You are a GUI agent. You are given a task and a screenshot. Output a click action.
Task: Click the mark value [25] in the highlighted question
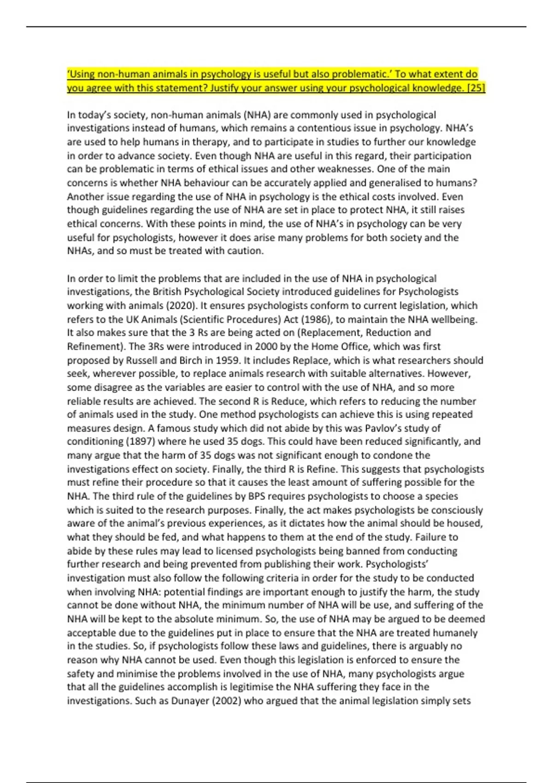[x=476, y=88]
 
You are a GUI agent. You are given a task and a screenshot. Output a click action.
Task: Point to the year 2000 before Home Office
[x=267, y=346]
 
